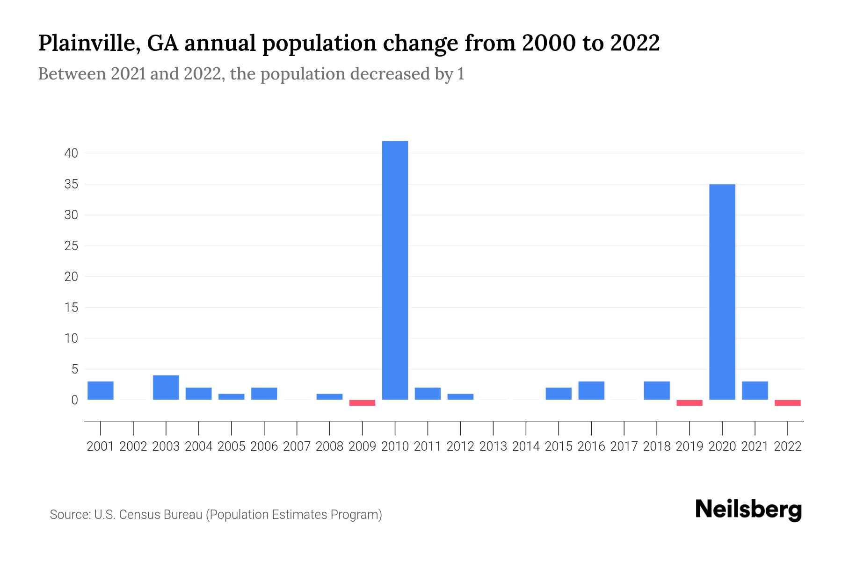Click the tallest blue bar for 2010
pyautogui.click(x=395, y=270)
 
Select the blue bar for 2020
pyautogui.click(x=722, y=292)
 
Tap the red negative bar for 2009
pyautogui.click(x=362, y=403)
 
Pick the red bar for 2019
pyautogui.click(x=689, y=403)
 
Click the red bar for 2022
pyautogui.click(x=787, y=403)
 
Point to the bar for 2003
pyautogui.click(x=166, y=388)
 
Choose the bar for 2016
pyautogui.click(x=591, y=391)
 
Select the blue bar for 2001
pyautogui.click(x=101, y=391)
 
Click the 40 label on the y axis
pyautogui.click(x=71, y=153)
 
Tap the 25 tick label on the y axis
pyautogui.click(x=71, y=246)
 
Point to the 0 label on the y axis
pyautogui.click(x=74, y=400)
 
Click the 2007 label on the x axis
pyautogui.click(x=297, y=446)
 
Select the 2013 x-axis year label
pyautogui.click(x=493, y=446)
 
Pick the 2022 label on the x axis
pyautogui.click(x=788, y=446)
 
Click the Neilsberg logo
pyautogui.click(x=748, y=510)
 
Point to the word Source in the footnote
pyautogui.click(x=69, y=515)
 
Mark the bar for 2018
pyautogui.click(x=656, y=391)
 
